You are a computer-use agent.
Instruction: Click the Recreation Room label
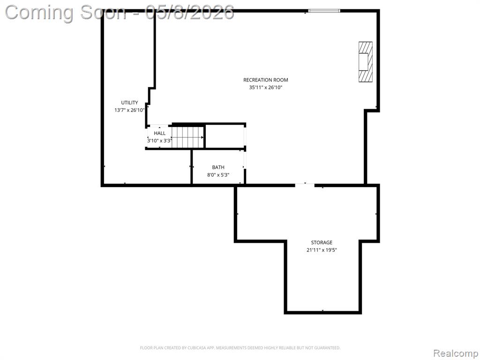(x=265, y=80)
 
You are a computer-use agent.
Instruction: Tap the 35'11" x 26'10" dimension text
(x=265, y=88)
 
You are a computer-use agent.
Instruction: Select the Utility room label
(x=129, y=103)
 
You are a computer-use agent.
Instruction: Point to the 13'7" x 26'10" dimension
(x=129, y=110)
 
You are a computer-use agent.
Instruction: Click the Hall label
(x=159, y=133)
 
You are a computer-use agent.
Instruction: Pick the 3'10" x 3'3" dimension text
(x=160, y=141)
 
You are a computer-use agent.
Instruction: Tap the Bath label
(x=218, y=167)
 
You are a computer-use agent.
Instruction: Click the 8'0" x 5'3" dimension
(x=218, y=175)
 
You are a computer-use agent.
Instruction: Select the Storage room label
(x=322, y=242)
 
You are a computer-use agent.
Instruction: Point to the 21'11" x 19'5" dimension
(x=322, y=250)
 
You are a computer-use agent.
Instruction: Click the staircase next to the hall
(x=187, y=137)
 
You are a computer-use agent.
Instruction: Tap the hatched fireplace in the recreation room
(x=366, y=62)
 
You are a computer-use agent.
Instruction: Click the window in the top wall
(x=324, y=11)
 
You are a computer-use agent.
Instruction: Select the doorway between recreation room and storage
(x=305, y=185)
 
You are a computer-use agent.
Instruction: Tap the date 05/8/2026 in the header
(x=190, y=13)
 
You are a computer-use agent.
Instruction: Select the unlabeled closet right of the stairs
(x=225, y=136)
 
